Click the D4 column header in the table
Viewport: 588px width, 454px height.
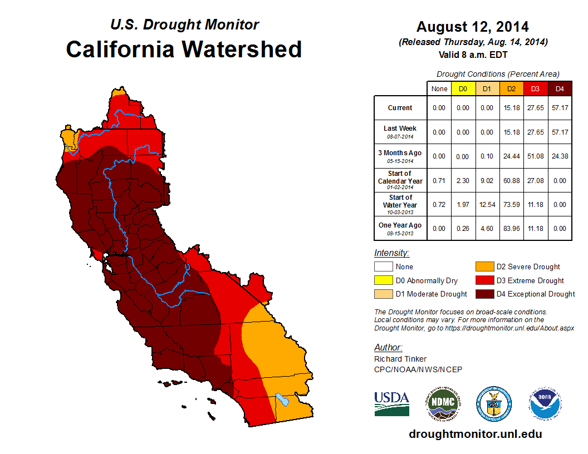click(560, 89)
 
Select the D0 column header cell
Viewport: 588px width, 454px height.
click(463, 89)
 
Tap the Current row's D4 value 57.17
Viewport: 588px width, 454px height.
click(560, 108)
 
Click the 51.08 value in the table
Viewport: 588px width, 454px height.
click(535, 156)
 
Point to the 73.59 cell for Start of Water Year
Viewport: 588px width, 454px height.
click(511, 204)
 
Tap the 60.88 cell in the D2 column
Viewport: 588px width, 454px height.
click(511, 180)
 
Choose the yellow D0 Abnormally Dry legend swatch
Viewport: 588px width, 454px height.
click(383, 280)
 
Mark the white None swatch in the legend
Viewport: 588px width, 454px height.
click(383, 267)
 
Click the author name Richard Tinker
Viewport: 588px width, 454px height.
click(400, 359)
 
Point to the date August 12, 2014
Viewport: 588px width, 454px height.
click(473, 27)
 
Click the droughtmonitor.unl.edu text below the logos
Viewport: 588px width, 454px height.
click(475, 434)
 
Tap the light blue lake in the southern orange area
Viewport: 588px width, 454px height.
click(282, 399)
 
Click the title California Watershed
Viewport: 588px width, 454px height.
click(184, 50)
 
